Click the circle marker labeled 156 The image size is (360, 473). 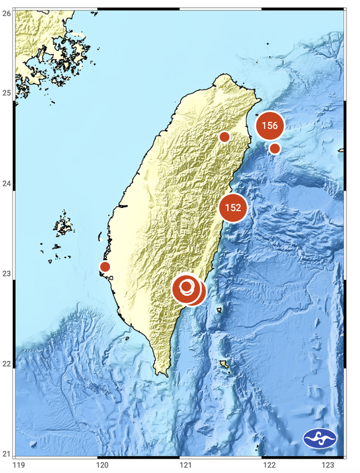(270, 126)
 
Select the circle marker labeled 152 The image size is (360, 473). (233, 207)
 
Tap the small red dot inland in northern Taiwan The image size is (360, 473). (225, 137)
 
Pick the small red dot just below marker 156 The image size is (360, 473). (275, 148)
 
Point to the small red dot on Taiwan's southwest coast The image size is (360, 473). (105, 267)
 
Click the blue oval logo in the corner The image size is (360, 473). (320, 440)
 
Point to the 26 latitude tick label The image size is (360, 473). (6, 12)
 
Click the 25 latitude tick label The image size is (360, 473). (6, 93)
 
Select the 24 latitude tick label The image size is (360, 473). (6, 184)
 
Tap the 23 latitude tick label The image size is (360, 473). (6, 274)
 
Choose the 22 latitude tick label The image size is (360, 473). (6, 364)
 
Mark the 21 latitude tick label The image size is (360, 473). (6, 454)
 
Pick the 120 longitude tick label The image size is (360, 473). (102, 465)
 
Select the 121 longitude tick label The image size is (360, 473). (184, 465)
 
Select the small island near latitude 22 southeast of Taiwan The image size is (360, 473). (224, 365)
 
